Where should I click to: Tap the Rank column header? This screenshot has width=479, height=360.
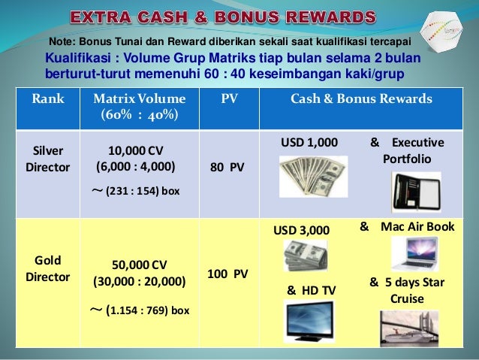coord(47,98)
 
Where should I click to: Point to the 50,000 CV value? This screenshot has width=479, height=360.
coord(139,265)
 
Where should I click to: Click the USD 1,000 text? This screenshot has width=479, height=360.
coord(309,142)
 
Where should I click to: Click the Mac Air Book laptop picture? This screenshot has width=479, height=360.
coord(415,254)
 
